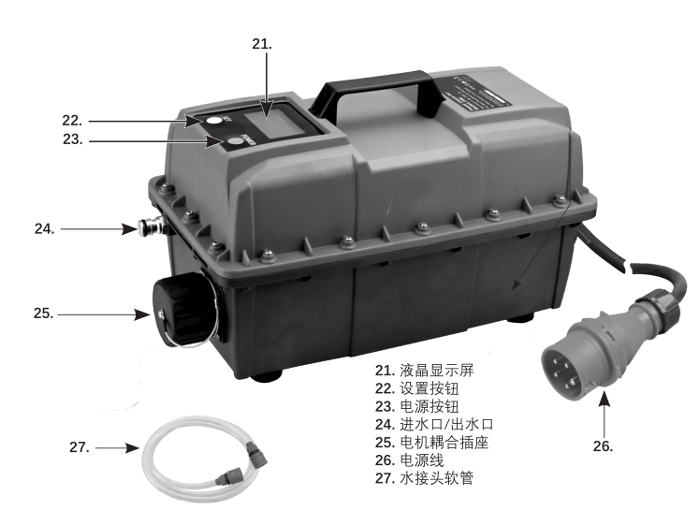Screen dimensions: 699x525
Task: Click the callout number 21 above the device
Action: tap(262, 44)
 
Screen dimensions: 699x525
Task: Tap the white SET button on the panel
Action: tap(214, 121)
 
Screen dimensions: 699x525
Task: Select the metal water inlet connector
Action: tap(152, 226)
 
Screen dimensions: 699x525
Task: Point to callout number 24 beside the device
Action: tap(45, 229)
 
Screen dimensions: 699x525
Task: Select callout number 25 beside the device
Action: tap(44, 314)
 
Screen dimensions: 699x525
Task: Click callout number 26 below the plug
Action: tap(603, 446)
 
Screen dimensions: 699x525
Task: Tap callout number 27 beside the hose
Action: tap(80, 447)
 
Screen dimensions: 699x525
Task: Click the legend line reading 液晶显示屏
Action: tap(425, 371)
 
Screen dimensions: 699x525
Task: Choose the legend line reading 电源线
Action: tap(409, 459)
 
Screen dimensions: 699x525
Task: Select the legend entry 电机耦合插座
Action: tap(432, 442)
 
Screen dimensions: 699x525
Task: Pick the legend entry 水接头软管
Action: tap(424, 478)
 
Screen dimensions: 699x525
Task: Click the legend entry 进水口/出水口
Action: tap(434, 424)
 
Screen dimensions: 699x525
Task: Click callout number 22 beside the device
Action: tap(72, 121)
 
